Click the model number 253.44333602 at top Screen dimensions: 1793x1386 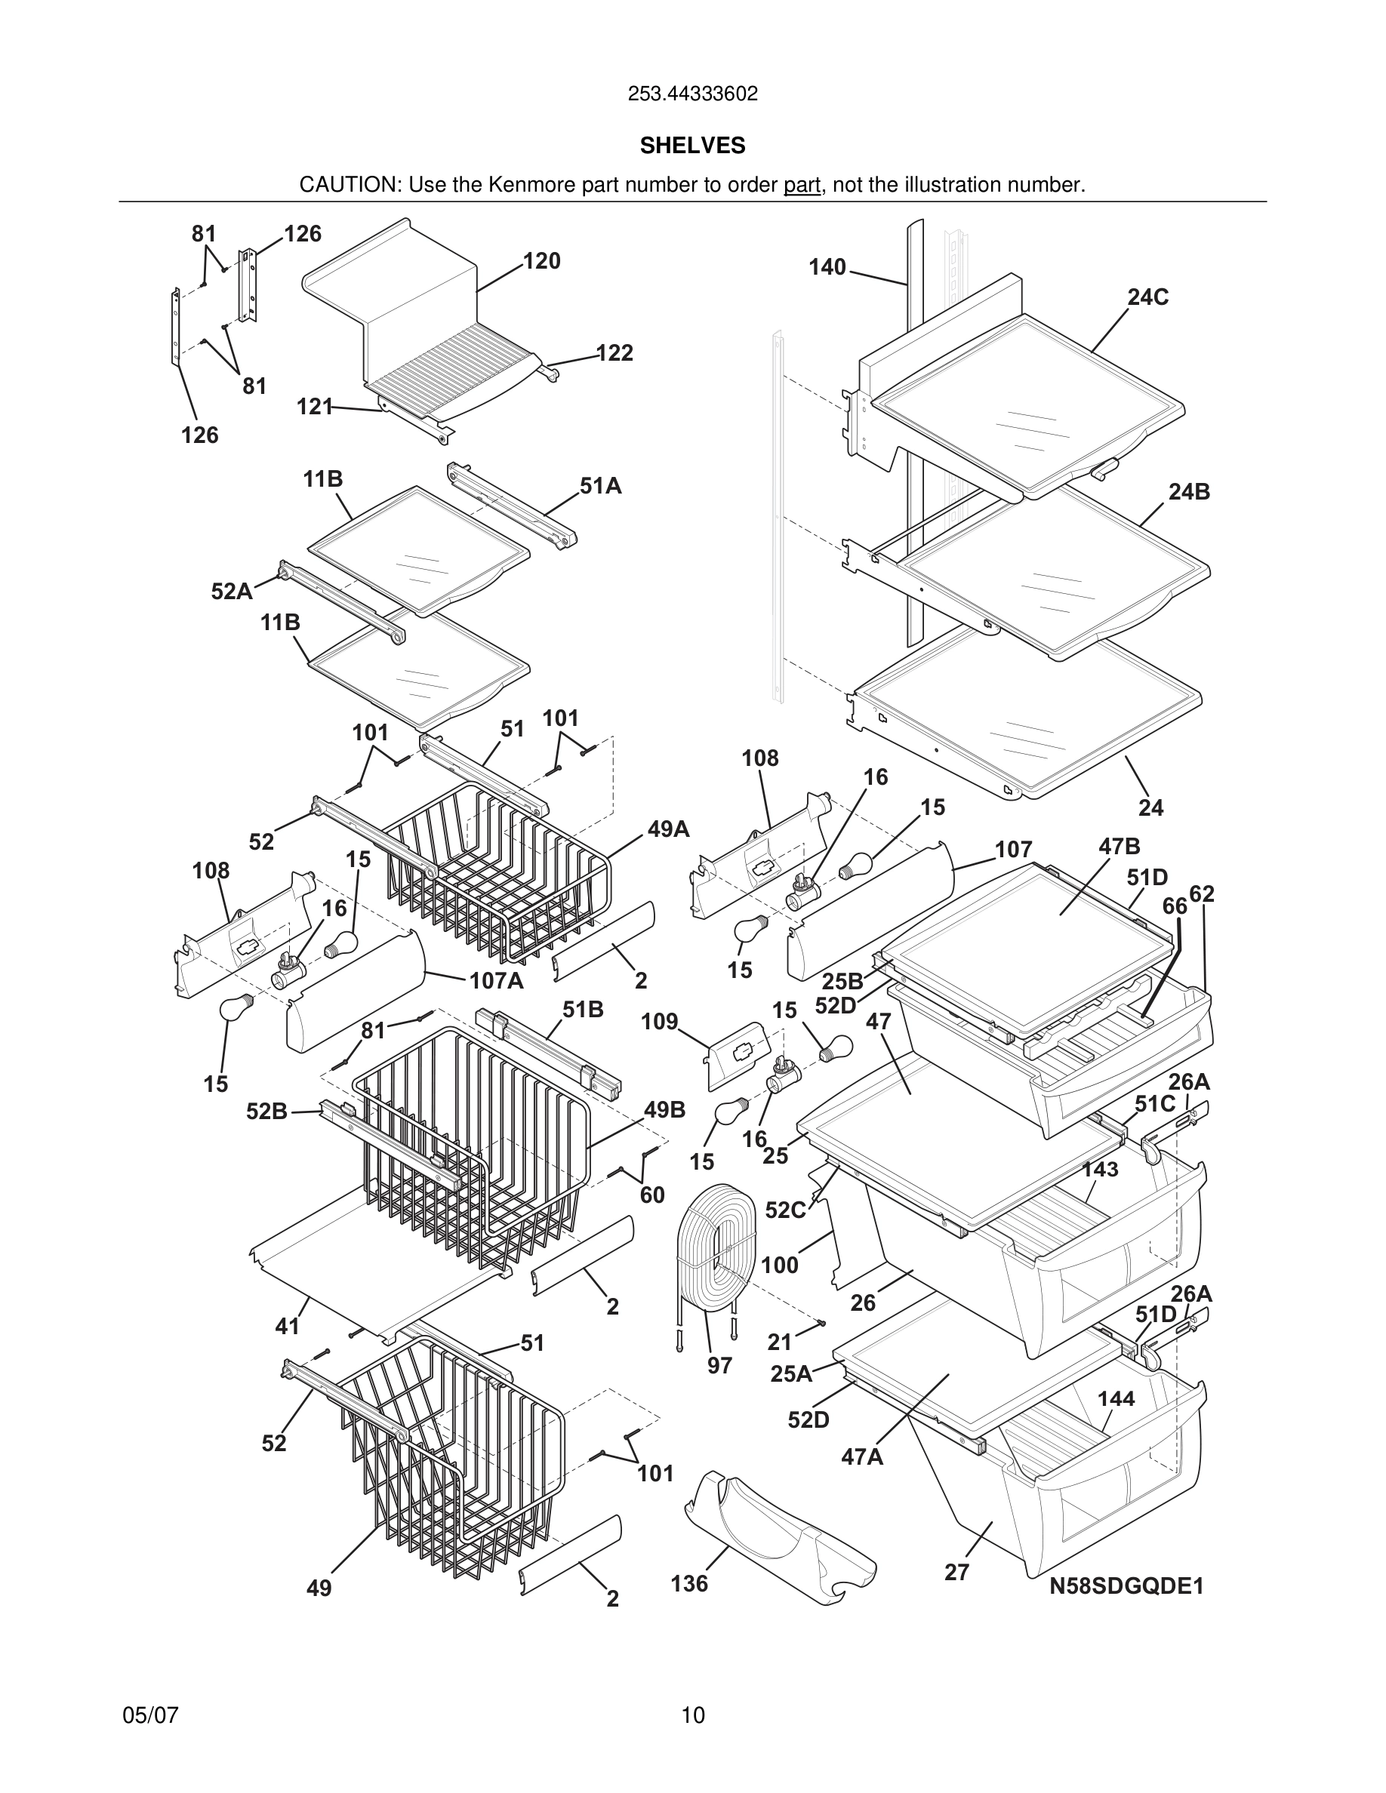pyautogui.click(x=692, y=94)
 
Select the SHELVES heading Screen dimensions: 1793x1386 pyautogui.click(x=692, y=146)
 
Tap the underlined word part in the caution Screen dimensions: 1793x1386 pyautogui.click(x=802, y=185)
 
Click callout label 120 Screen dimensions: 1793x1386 pyautogui.click(x=541, y=261)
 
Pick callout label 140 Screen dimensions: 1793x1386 pyautogui.click(x=827, y=267)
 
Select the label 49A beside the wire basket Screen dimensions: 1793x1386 pyautogui.click(x=668, y=829)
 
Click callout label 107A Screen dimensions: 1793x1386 pyautogui.click(x=496, y=980)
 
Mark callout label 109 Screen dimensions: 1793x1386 pyautogui.click(x=659, y=1021)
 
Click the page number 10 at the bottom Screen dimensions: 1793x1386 pyautogui.click(x=692, y=1715)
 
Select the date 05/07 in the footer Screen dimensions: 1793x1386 pyautogui.click(x=150, y=1715)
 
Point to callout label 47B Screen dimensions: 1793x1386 pyautogui.click(x=1120, y=847)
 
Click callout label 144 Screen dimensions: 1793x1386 pyautogui.click(x=1116, y=1398)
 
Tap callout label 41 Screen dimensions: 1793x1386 pyautogui.click(x=287, y=1326)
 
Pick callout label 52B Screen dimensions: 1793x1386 pyautogui.click(x=266, y=1112)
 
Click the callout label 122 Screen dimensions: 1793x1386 pyautogui.click(x=614, y=353)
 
